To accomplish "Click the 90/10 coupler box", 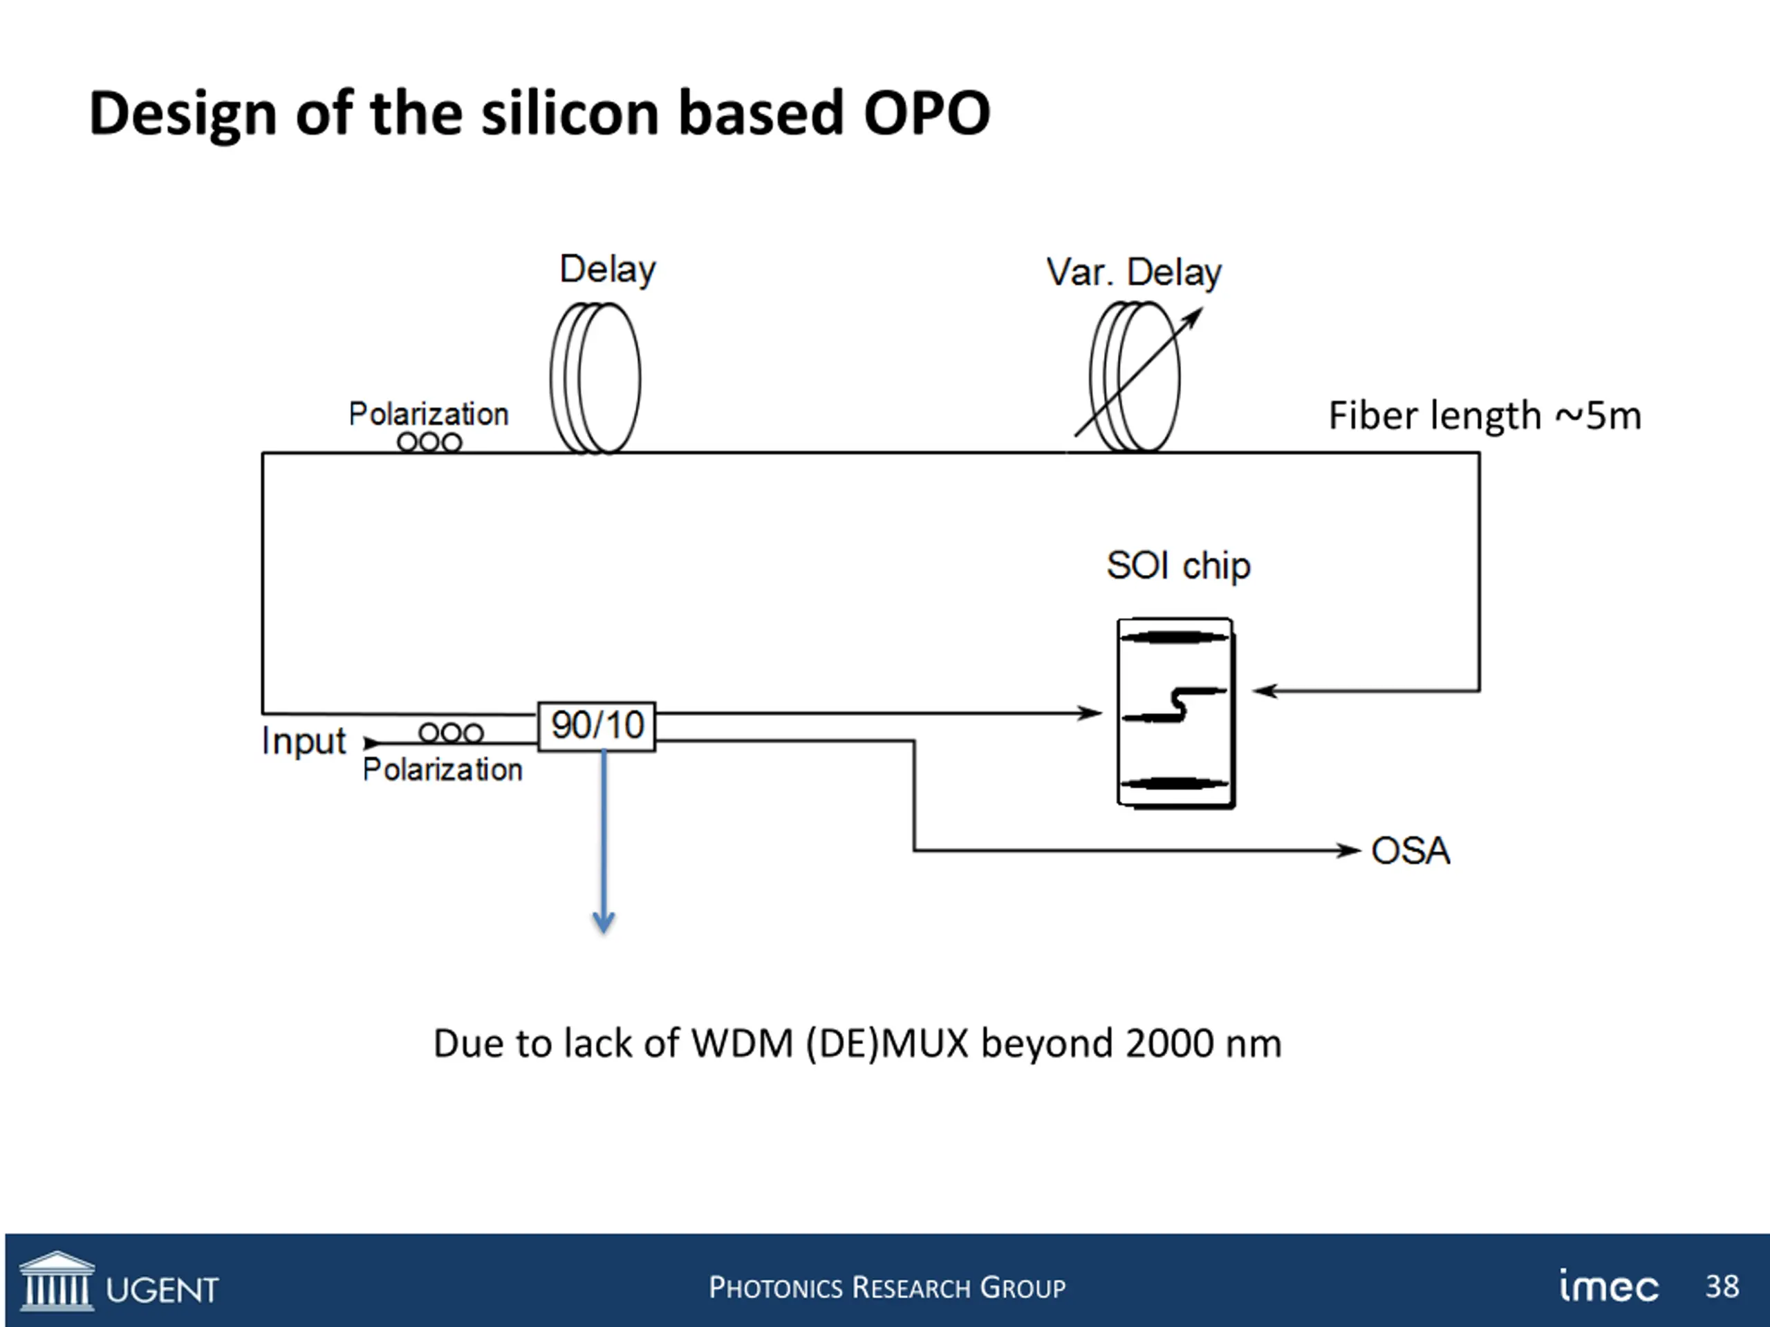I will click(596, 726).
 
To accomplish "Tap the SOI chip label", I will click(1178, 566).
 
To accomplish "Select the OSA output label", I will click(1410, 851).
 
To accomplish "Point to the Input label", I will click(304, 742).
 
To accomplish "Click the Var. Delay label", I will click(1134, 273).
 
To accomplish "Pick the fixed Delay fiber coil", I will click(596, 378).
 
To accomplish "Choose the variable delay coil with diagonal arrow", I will click(1135, 377).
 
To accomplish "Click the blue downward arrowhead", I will click(604, 923).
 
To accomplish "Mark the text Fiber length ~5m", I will click(1484, 416).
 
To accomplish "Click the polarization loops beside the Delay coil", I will click(429, 442).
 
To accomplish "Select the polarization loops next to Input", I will click(451, 733).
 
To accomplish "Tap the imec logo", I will click(1609, 1286).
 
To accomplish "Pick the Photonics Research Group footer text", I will click(886, 1288).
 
